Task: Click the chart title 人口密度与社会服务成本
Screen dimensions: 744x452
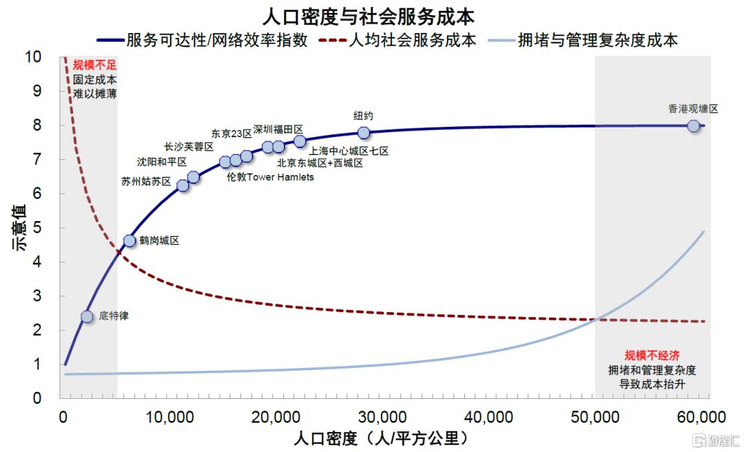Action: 368,17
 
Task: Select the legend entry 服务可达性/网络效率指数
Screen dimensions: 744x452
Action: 203,40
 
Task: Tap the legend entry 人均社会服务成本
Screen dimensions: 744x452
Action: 397,40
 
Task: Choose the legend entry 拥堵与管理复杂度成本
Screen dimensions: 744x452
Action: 583,40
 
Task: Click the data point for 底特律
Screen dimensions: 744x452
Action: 87,316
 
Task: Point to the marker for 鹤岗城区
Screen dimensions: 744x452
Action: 130,240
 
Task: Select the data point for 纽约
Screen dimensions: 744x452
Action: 364,133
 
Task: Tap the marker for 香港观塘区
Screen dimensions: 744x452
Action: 693,126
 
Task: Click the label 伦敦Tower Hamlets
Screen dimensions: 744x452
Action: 271,177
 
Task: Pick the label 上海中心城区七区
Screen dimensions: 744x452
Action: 349,151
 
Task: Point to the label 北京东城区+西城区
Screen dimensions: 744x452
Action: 320,163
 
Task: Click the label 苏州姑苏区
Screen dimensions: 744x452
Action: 146,181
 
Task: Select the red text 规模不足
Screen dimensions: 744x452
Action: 94,65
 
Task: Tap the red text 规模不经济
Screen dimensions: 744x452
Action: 652,355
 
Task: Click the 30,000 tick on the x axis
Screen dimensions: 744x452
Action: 382,418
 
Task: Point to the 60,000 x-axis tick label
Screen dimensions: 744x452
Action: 702,418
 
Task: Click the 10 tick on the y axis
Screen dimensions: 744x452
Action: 33,57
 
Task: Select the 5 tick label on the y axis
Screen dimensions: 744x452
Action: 37,227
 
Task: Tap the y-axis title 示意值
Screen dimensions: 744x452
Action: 19,227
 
